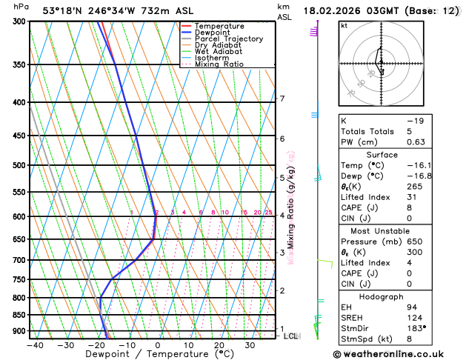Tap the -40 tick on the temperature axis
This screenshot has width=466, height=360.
click(x=35, y=345)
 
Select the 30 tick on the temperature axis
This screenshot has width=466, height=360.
click(x=250, y=345)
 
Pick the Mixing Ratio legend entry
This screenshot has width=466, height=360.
click(x=222, y=64)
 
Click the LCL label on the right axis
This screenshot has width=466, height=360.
click(x=291, y=336)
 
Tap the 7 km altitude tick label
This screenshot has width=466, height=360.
click(x=282, y=99)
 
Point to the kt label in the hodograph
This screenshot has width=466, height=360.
click(x=344, y=26)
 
